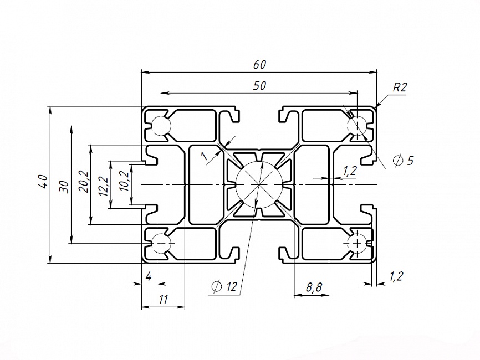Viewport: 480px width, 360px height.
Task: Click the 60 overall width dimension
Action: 259,65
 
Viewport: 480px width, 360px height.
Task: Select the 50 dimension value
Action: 259,86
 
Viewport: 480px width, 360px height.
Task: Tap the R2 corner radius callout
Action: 400,88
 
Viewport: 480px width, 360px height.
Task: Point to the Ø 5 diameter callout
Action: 404,160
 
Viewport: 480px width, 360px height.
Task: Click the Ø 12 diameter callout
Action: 224,286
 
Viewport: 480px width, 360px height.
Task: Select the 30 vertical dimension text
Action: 64,187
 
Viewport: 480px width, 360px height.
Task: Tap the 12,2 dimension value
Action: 104,186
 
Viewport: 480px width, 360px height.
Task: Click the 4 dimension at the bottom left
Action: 149,276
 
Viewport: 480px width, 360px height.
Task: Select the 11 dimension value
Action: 163,300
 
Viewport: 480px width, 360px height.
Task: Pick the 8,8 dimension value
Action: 314,287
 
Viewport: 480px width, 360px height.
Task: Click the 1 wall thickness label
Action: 204,156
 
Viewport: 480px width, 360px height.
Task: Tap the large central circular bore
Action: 259,184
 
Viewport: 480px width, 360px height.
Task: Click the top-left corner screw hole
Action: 161,126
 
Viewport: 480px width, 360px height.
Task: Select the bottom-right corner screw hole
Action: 358,243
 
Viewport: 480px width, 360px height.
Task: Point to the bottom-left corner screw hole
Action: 161,243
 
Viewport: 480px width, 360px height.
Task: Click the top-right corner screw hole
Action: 358,126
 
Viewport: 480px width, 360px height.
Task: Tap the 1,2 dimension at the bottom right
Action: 396,276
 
